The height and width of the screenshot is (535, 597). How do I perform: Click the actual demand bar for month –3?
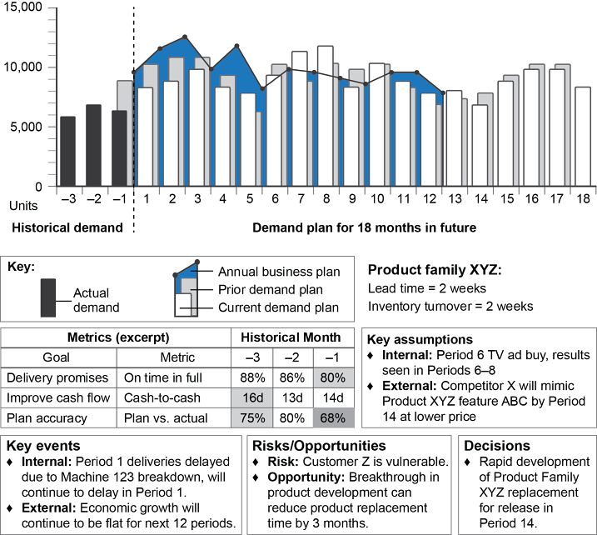coord(67,152)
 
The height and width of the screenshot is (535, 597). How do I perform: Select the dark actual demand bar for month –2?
coord(93,146)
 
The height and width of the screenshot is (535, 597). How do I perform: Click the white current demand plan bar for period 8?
coord(325,117)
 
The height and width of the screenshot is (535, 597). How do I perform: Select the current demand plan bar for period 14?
coord(479,146)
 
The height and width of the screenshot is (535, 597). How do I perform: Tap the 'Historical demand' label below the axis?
coord(66,227)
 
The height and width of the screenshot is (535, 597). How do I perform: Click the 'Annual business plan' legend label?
coord(279,272)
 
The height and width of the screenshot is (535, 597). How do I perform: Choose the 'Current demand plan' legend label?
coord(280,307)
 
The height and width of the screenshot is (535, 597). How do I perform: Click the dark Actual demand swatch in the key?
coord(48,297)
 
